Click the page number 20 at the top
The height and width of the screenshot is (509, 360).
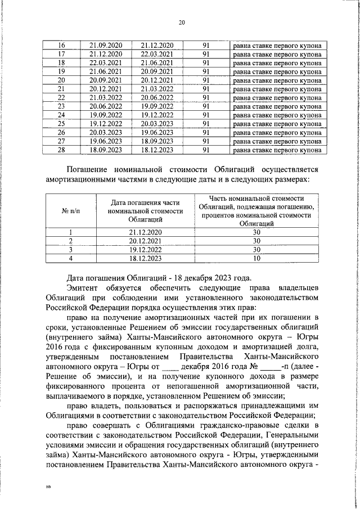pyautogui.click(x=182, y=22)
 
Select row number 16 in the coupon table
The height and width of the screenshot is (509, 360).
pyautogui.click(x=62, y=45)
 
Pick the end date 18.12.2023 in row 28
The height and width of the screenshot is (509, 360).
pyautogui.click(x=157, y=150)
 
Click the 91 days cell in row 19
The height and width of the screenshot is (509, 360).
pyautogui.click(x=206, y=71)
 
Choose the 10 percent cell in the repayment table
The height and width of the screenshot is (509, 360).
pyautogui.click(x=256, y=258)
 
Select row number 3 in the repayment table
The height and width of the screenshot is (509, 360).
pyautogui.click(x=71, y=250)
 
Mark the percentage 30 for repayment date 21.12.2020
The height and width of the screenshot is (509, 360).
pyautogui.click(x=256, y=232)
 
